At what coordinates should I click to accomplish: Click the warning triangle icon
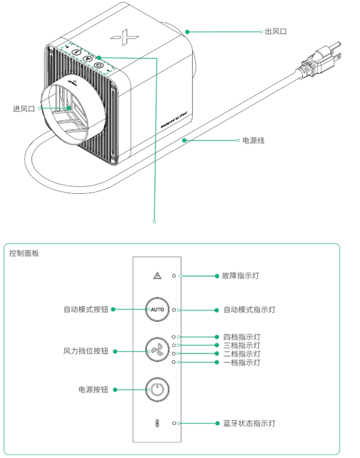[157, 276]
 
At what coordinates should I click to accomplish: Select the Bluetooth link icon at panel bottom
[157, 423]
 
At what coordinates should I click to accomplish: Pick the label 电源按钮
[93, 389]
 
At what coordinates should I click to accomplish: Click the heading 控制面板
[24, 254]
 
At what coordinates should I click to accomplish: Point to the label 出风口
[276, 32]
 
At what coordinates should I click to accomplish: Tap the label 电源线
[253, 140]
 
